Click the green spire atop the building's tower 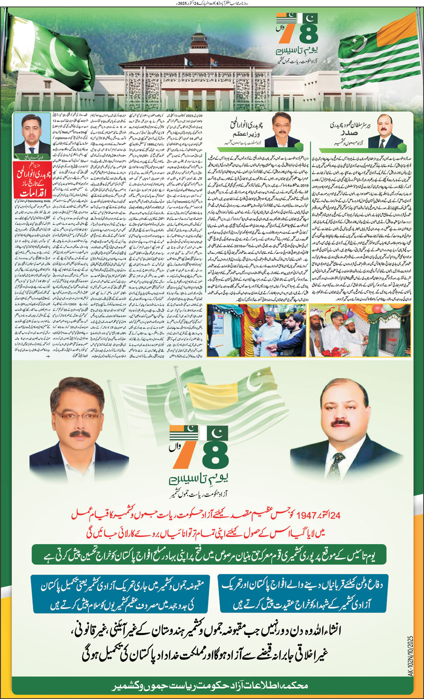pyautogui.click(x=198, y=27)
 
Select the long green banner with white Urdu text pyautogui.click(x=209, y=555)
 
